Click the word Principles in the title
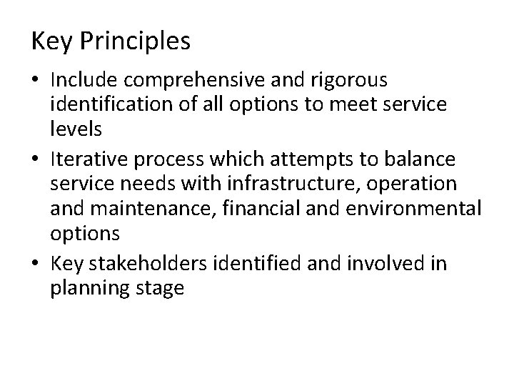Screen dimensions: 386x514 point(135,41)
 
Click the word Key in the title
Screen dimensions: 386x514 point(52,41)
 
